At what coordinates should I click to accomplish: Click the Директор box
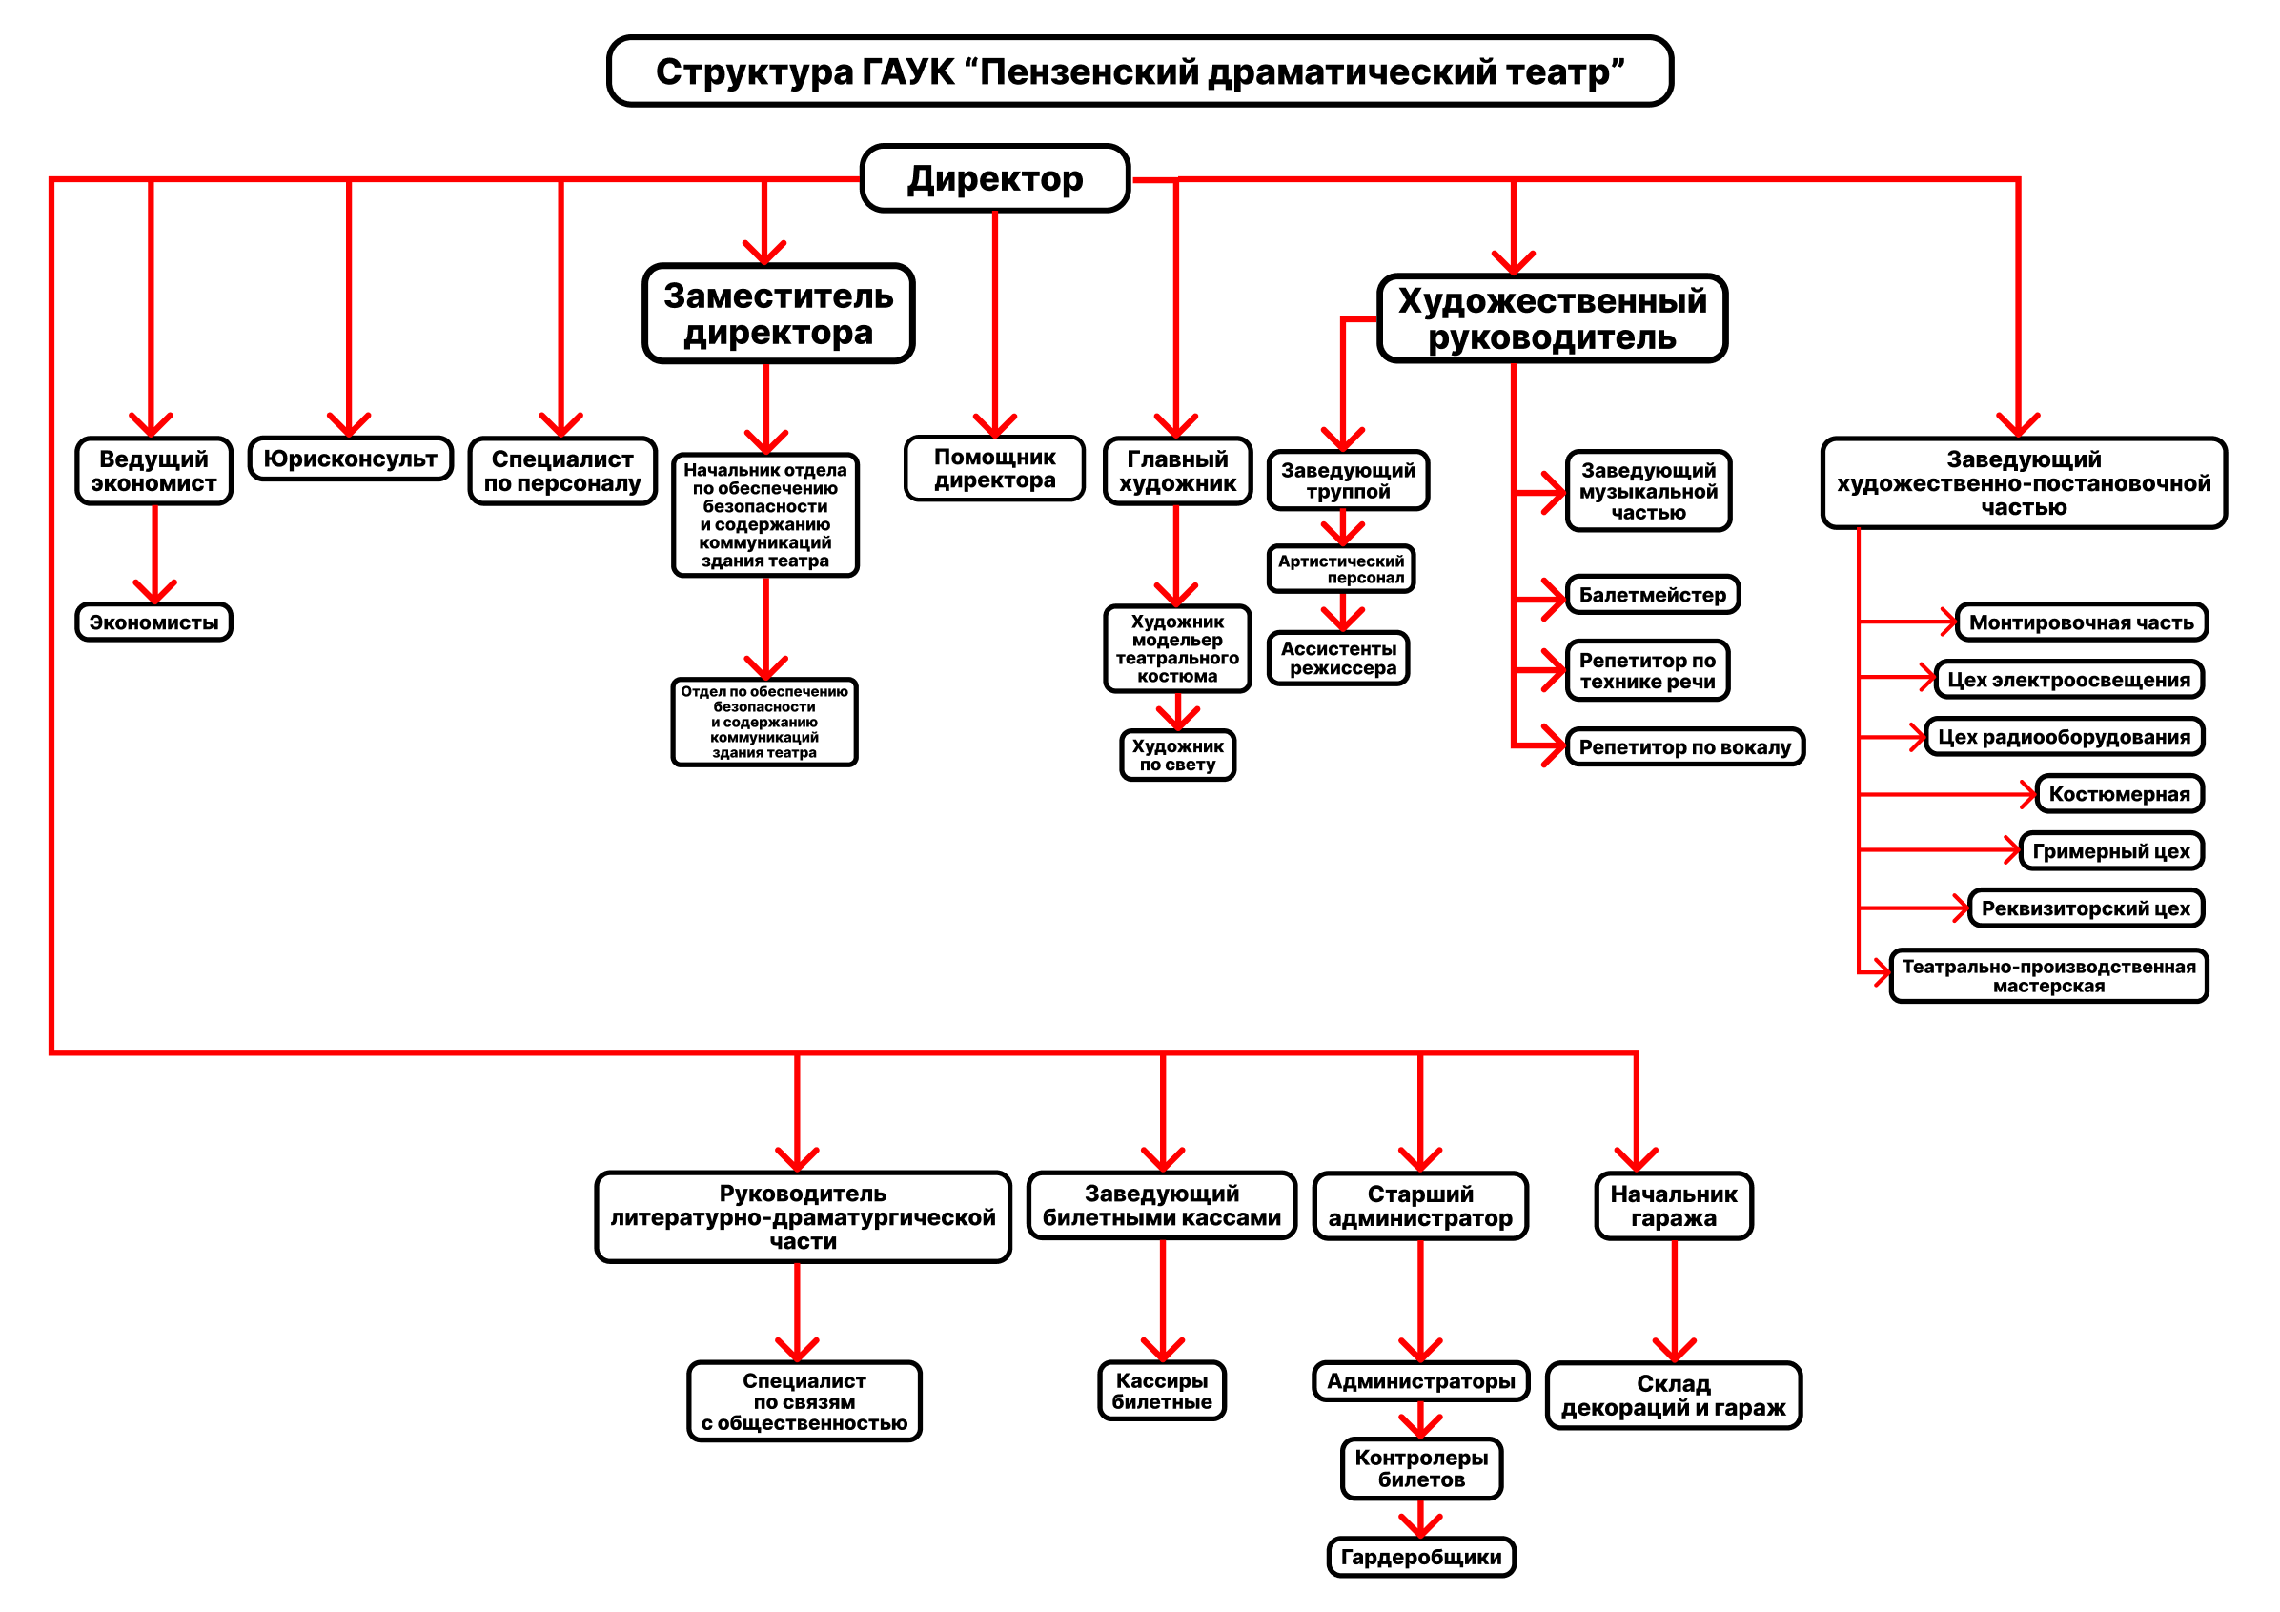(994, 179)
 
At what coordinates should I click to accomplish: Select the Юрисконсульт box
(350, 459)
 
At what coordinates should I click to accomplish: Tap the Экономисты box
(153, 622)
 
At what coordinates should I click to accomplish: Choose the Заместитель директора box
(778, 314)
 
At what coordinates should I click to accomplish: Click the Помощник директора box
(994, 469)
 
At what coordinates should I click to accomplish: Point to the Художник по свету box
(1177, 756)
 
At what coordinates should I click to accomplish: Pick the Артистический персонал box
(1340, 569)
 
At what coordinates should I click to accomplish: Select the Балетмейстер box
(1653, 595)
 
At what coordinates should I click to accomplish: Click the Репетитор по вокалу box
(1684, 747)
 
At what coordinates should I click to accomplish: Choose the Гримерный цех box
(2111, 851)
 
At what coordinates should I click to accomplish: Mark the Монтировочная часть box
(2082, 622)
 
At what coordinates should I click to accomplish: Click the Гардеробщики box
(1421, 1557)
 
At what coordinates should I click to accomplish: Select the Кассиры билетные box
(1162, 1391)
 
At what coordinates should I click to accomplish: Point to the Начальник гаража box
(1673, 1207)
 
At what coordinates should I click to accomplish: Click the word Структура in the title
(754, 71)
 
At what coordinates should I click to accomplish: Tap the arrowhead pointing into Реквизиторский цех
(1962, 908)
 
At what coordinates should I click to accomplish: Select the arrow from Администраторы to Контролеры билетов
(1421, 1418)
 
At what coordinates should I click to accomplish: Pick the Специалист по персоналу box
(562, 471)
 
